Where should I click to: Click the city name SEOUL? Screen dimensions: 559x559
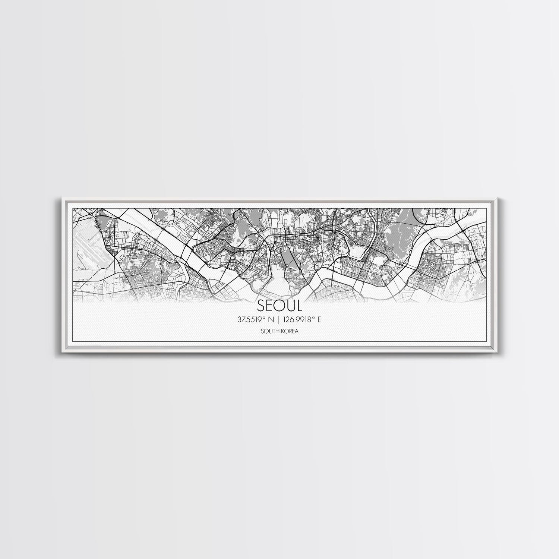click(279, 306)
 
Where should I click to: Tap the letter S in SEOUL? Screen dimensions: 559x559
click(261, 306)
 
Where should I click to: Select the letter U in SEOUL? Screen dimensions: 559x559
click(290, 306)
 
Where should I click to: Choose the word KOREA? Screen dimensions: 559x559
click(290, 331)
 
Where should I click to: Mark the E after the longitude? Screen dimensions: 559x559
click(319, 319)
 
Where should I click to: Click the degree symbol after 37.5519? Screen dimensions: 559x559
click(265, 318)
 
